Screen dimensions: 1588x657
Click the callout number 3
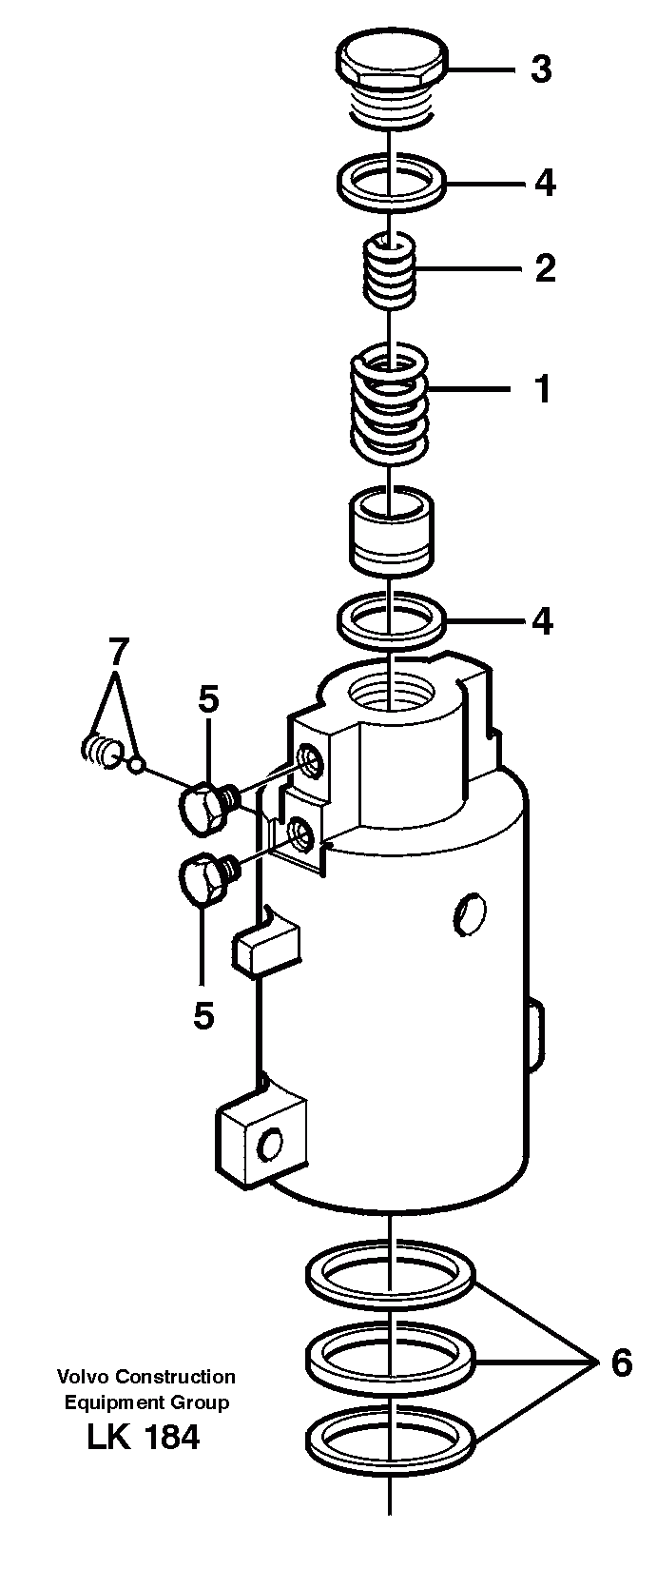pyautogui.click(x=541, y=69)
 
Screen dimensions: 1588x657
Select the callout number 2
pyautogui.click(x=544, y=269)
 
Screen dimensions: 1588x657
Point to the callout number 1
pyautogui.click(x=543, y=390)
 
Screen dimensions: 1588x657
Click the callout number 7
pyautogui.click(x=116, y=653)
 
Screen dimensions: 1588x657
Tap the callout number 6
pyautogui.click(x=621, y=1364)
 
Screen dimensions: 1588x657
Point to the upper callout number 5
pyautogui.click(x=208, y=700)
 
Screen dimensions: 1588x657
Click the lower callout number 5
pyautogui.click(x=203, y=1016)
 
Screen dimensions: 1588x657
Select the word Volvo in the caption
pyautogui.click(x=80, y=1377)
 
